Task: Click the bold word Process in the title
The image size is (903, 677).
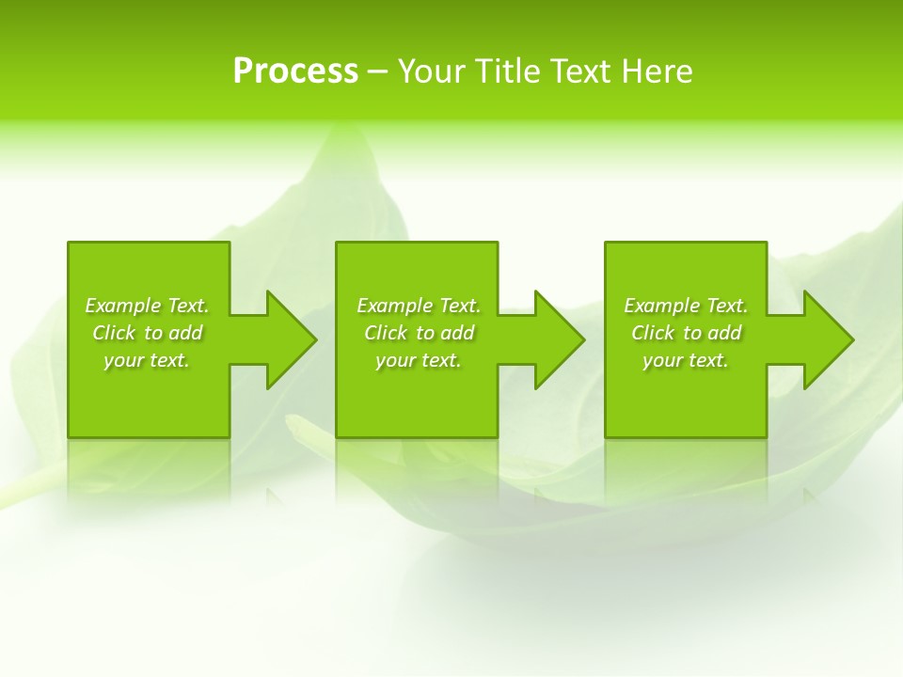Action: coord(295,71)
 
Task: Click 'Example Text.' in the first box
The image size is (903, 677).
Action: coord(147,306)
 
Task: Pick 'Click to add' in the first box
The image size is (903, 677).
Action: coord(147,333)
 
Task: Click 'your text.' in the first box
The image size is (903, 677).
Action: coord(147,360)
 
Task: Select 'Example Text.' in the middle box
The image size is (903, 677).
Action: coord(419,306)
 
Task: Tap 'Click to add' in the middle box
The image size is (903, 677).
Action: coord(419,333)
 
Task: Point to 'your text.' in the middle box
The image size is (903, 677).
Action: coord(419,360)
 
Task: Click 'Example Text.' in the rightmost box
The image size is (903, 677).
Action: coord(686,306)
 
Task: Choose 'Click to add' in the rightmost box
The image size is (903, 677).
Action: coord(686,333)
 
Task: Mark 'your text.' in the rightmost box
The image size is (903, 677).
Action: coord(686,360)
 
